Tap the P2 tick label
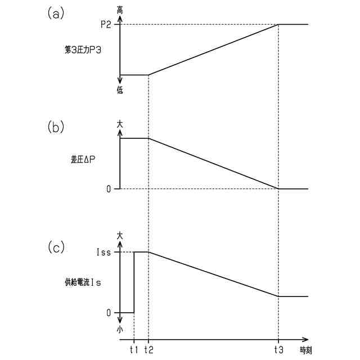[x=106, y=24]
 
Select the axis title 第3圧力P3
[x=84, y=49]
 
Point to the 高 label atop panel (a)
[x=120, y=10]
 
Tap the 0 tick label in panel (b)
[x=109, y=188]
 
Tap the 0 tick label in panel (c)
[x=109, y=312]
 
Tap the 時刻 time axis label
[x=305, y=350]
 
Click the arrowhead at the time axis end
[x=306, y=340]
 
